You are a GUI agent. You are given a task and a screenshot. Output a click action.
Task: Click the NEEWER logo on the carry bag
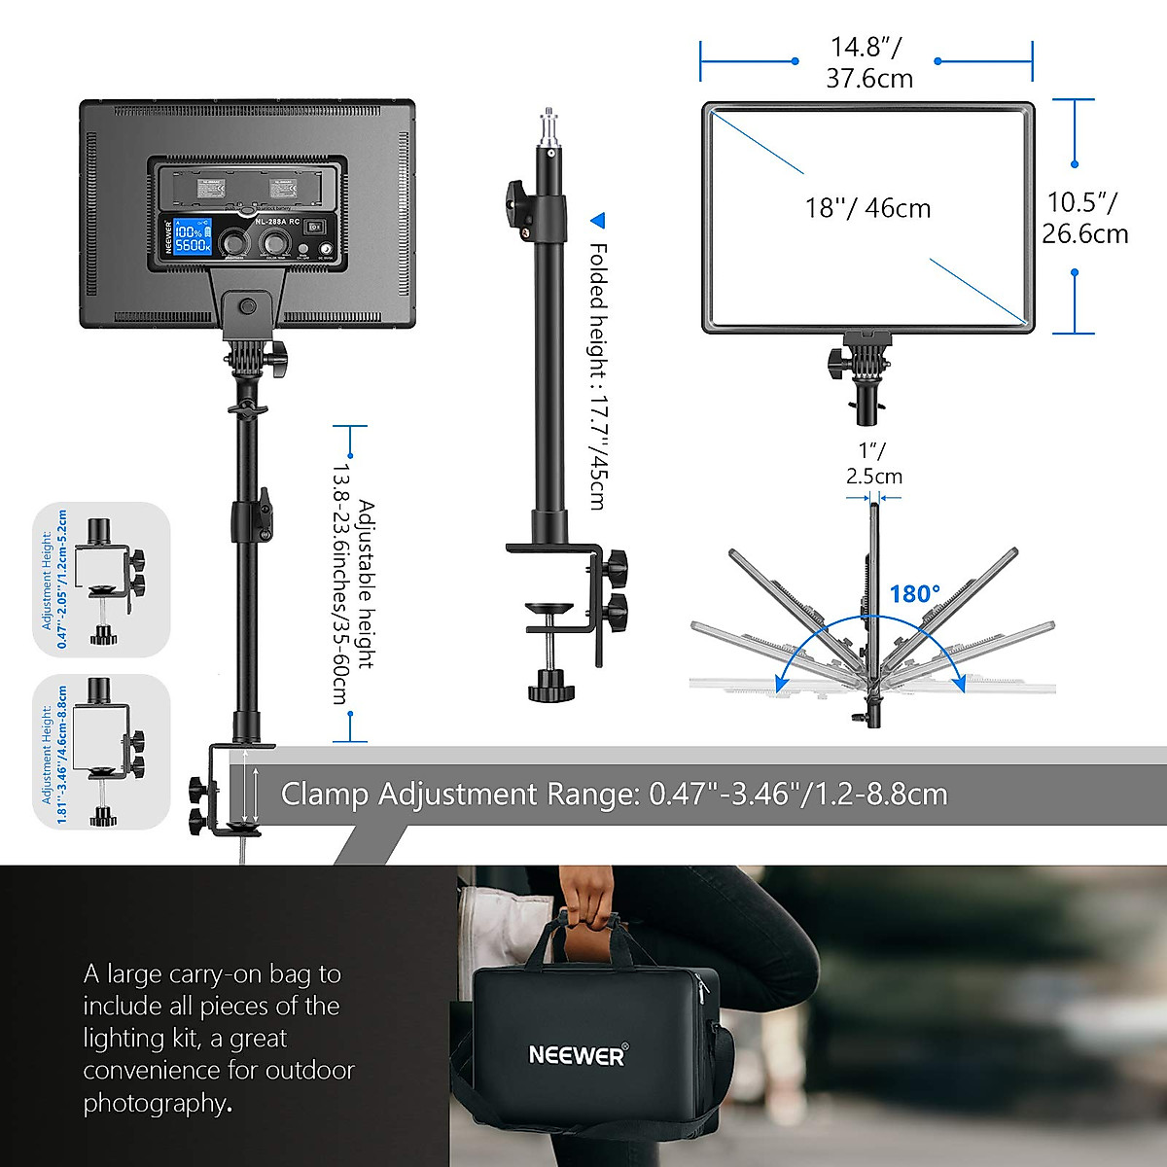pyautogui.click(x=578, y=1054)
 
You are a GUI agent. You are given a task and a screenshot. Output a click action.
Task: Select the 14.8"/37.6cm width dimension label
pyautogui.click(x=867, y=62)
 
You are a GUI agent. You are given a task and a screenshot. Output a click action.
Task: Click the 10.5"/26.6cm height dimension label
pyautogui.click(x=1084, y=218)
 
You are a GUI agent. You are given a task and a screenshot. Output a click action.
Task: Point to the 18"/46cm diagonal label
pyautogui.click(x=867, y=208)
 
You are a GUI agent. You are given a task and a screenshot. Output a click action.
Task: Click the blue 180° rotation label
pyautogui.click(x=914, y=593)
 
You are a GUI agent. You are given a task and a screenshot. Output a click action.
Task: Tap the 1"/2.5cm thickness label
pyautogui.click(x=873, y=464)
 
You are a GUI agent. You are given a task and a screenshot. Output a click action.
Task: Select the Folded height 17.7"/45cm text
pyautogui.click(x=597, y=375)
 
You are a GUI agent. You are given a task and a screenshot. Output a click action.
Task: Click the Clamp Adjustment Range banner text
pyautogui.click(x=614, y=794)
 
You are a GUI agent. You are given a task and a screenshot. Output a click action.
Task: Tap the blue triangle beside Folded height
pyautogui.click(x=598, y=221)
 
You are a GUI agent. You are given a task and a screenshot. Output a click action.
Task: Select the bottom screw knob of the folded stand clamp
pyautogui.click(x=550, y=685)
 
